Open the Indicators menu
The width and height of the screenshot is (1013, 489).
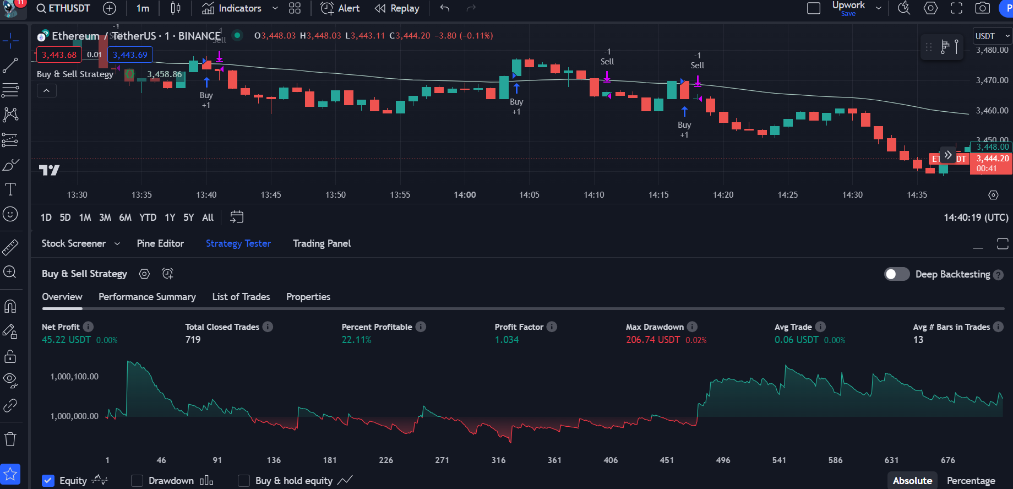coord(232,8)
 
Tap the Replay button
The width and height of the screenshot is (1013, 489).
coord(397,8)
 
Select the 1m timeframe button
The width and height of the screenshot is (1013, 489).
coord(143,8)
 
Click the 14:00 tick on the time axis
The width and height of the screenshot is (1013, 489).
coord(465,195)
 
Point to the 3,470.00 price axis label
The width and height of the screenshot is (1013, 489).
coord(992,80)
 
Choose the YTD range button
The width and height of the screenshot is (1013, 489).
coord(148,218)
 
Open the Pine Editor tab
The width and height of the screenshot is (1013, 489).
coord(160,243)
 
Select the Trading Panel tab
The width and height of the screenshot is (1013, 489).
coord(322,243)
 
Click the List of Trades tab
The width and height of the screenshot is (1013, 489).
coord(241,297)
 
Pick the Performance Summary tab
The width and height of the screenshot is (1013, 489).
coord(147,297)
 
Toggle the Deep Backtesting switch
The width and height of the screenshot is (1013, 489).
coord(897,274)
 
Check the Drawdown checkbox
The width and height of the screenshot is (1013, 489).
coord(137,481)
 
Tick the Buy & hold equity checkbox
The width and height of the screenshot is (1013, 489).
coord(244,481)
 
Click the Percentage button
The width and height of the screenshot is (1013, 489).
coord(971,481)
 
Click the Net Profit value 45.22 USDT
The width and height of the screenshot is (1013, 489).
coord(66,340)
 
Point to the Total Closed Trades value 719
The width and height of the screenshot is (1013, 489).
coord(193,340)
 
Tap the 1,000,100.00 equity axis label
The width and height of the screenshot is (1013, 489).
coord(74,377)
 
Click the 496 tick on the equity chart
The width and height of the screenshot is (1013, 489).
coord(723,460)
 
